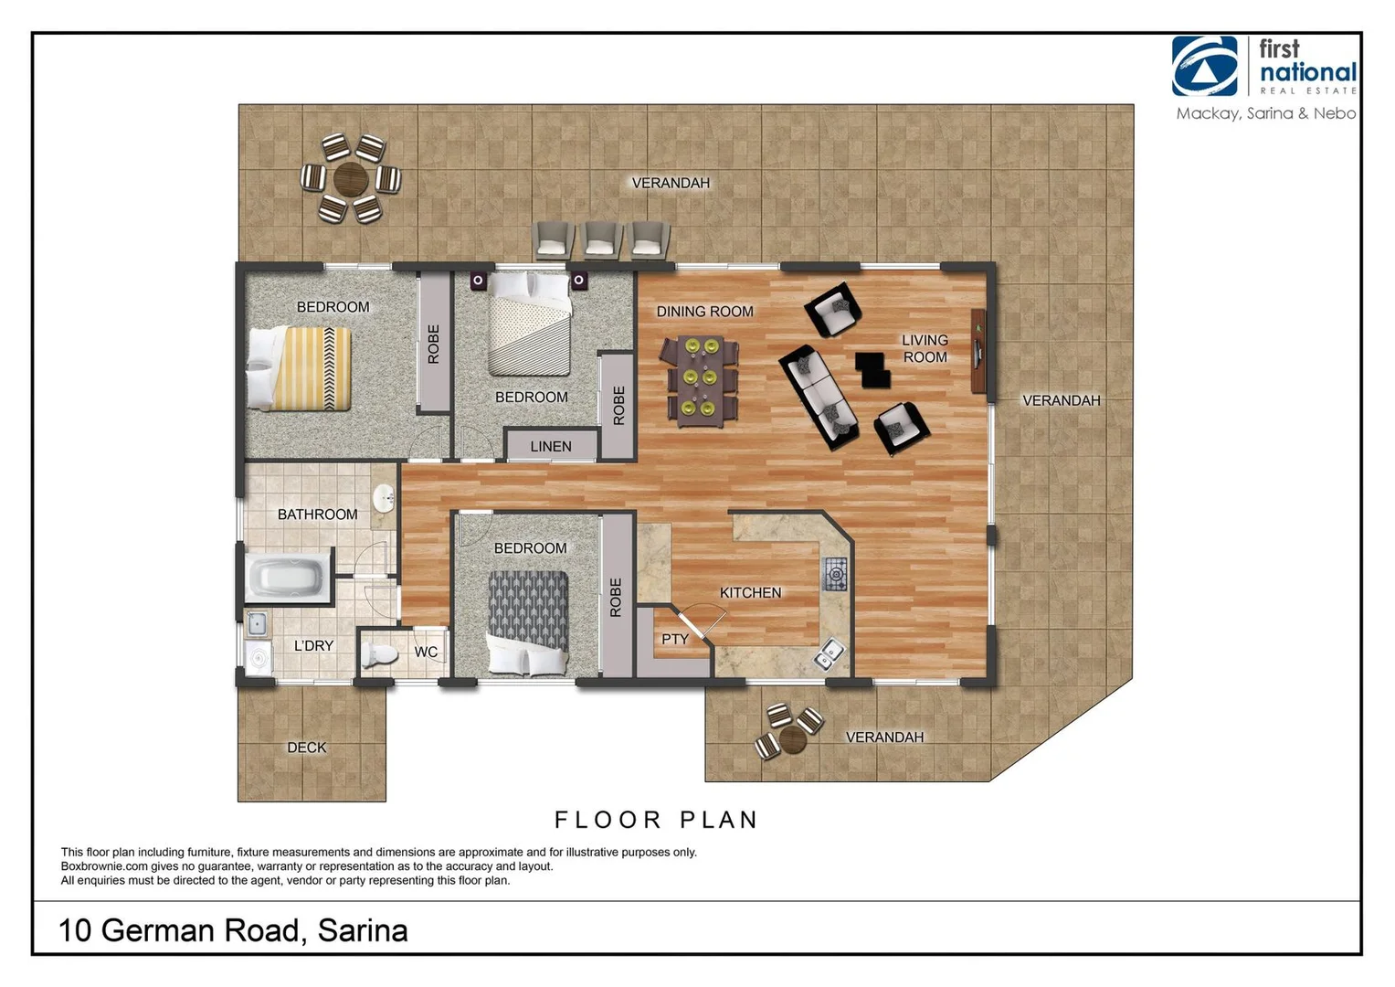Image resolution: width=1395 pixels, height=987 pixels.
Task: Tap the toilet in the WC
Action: click(x=379, y=654)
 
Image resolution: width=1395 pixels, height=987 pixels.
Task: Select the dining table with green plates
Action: click(x=701, y=380)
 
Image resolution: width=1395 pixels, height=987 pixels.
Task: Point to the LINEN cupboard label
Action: click(x=551, y=446)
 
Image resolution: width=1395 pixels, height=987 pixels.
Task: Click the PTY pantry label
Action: click(x=674, y=639)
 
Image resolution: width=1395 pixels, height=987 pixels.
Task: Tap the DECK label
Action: click(x=306, y=748)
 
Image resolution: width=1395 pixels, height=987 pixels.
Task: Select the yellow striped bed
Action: click(x=300, y=368)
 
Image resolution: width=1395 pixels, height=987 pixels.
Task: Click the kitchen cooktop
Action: click(x=835, y=573)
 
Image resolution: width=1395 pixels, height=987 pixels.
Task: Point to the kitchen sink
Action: click(x=831, y=653)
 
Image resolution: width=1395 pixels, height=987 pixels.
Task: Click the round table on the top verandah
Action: click(x=351, y=179)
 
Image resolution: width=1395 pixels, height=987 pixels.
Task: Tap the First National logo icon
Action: click(x=1204, y=66)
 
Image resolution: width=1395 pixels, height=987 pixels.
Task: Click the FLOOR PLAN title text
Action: click(x=656, y=820)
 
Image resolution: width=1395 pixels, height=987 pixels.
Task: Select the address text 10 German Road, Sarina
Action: click(x=233, y=930)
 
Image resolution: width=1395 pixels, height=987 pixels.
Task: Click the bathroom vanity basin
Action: click(x=385, y=499)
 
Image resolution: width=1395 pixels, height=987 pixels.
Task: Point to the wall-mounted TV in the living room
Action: click(x=978, y=352)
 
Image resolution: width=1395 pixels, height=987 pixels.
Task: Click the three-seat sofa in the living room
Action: click(x=819, y=398)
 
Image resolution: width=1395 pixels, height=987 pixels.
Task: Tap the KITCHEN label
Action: click(x=750, y=592)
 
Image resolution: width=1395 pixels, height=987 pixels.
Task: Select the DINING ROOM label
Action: click(x=704, y=312)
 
